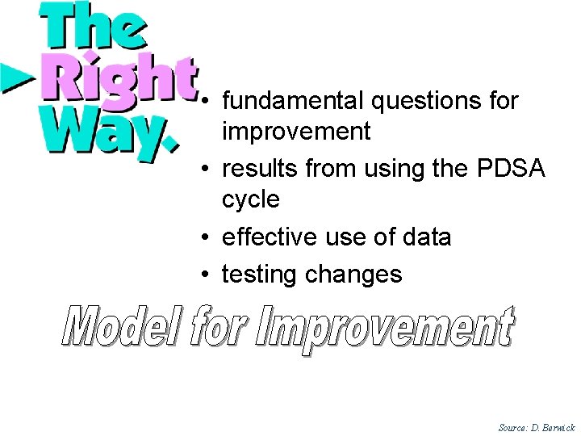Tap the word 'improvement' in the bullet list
(296, 131)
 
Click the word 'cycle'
(251, 199)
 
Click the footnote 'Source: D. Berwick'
(537, 426)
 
